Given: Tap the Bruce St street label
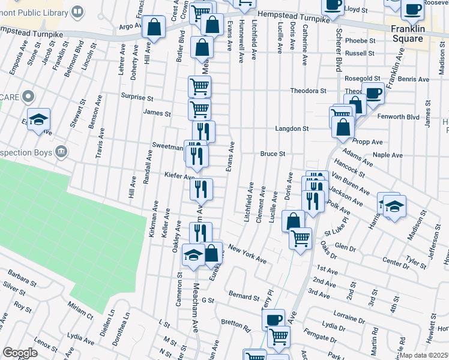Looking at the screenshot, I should pos(272,154).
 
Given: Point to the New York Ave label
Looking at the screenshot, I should pos(247,254).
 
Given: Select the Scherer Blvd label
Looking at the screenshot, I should pos(339,43).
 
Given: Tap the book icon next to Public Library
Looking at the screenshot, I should pos(77,11).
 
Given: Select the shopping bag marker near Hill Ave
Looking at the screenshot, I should pos(154,28).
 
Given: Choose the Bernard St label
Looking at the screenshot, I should pos(243,296).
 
